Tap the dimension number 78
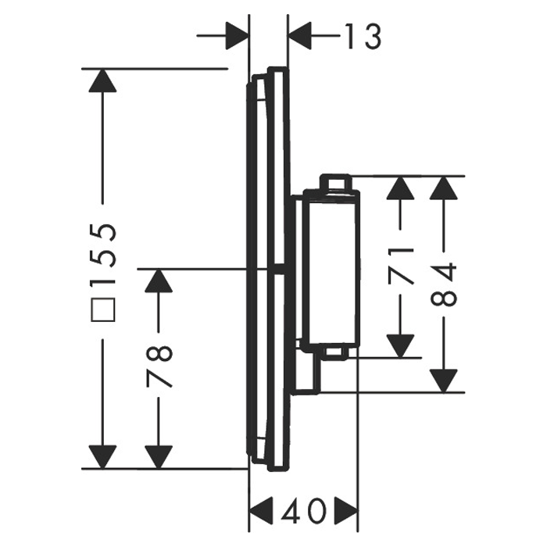coord(159,366)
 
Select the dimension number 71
coord(400,264)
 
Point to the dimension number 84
coord(443,285)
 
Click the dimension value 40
coord(304,512)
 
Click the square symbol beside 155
coord(102,309)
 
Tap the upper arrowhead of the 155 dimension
coord(102,80)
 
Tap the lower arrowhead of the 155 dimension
coord(102,457)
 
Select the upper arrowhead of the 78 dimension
coord(159,281)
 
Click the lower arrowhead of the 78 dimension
coord(159,457)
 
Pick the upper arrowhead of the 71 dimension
coord(400,188)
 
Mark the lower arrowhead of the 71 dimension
coord(400,346)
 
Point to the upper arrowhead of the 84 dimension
coord(443,188)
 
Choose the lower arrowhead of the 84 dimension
coord(443,381)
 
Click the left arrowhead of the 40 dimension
coord(262,512)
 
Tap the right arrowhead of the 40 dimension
coord(346,512)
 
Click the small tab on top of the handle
coord(335,182)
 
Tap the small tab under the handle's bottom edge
coord(336,353)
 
